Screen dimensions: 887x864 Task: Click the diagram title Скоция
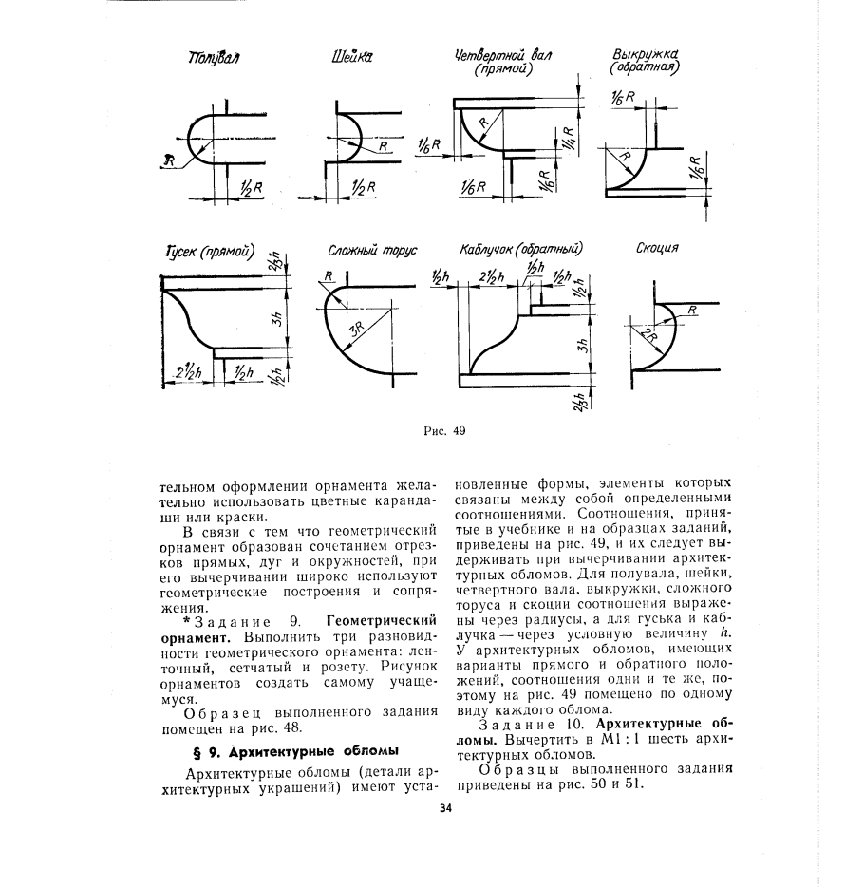pyautogui.click(x=657, y=249)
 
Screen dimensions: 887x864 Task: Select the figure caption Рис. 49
pyautogui.click(x=445, y=429)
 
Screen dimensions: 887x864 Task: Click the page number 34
pyautogui.click(x=445, y=809)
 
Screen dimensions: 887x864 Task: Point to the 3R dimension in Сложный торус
pyautogui.click(x=357, y=330)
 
